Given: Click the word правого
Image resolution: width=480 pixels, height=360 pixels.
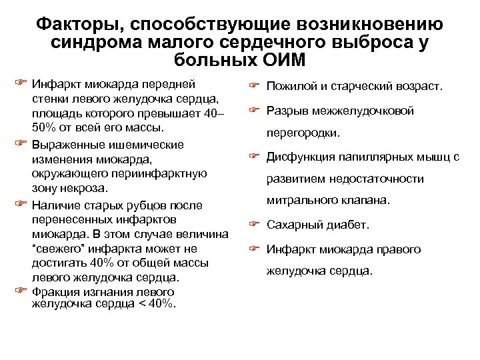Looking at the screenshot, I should point(396,249).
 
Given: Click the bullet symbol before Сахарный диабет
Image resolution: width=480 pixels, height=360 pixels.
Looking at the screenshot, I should point(253,224).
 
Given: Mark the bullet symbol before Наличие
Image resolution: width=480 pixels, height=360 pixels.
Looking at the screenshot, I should point(20,203).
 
